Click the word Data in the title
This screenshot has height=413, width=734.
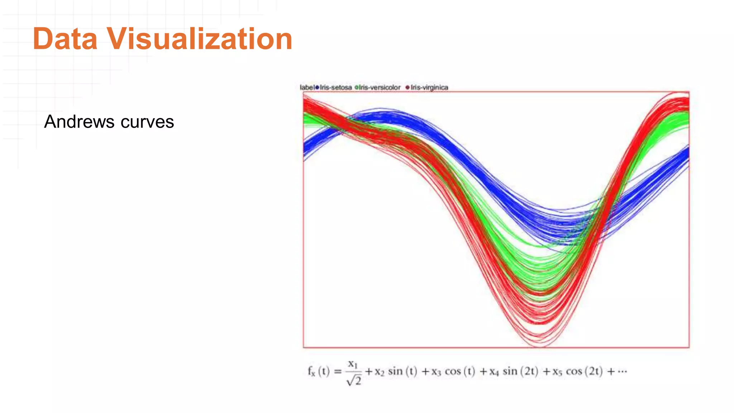tap(65, 39)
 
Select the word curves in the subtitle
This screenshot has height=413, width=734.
tap(147, 122)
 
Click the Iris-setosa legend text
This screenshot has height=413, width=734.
tap(336, 87)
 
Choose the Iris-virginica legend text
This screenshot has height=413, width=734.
tap(429, 87)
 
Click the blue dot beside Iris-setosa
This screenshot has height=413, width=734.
tap(317, 87)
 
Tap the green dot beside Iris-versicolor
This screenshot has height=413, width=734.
tap(357, 87)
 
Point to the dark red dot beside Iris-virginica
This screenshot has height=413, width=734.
tap(407, 87)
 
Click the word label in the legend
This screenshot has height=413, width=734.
tap(307, 87)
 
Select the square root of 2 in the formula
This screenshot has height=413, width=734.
tap(354, 381)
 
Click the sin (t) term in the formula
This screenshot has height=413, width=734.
tap(402, 371)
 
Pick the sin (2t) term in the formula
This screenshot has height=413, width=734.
tap(520, 371)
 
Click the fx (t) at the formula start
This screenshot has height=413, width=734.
tap(318, 371)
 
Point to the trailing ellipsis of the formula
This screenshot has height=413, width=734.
tap(623, 371)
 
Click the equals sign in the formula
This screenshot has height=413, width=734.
tap(338, 371)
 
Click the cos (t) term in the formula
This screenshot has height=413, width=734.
tap(460, 371)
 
